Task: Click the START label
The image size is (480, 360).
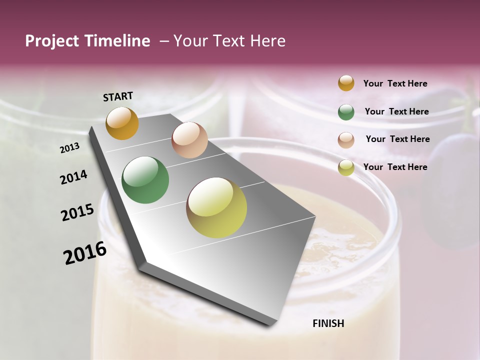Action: tap(118, 96)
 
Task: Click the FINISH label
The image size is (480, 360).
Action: tap(328, 323)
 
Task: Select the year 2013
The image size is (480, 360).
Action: tap(70, 148)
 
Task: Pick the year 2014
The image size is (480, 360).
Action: tap(74, 177)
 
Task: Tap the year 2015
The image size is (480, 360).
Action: tap(77, 212)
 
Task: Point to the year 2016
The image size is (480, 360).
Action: tap(85, 253)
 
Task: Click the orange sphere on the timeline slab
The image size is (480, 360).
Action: tap(122, 123)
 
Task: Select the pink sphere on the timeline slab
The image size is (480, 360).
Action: tap(189, 140)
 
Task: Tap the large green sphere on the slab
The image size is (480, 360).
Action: tap(145, 180)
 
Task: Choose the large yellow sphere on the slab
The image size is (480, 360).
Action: tap(216, 207)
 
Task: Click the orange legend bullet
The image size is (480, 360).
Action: tap(346, 83)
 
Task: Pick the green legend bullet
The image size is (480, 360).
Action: tap(346, 112)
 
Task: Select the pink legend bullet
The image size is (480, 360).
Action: tap(346, 140)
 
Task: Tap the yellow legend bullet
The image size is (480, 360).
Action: tap(346, 167)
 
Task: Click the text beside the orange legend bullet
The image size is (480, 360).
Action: tap(395, 83)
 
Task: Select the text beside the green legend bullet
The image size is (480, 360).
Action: tap(396, 111)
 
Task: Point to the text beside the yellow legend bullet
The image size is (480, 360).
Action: tap(395, 167)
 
